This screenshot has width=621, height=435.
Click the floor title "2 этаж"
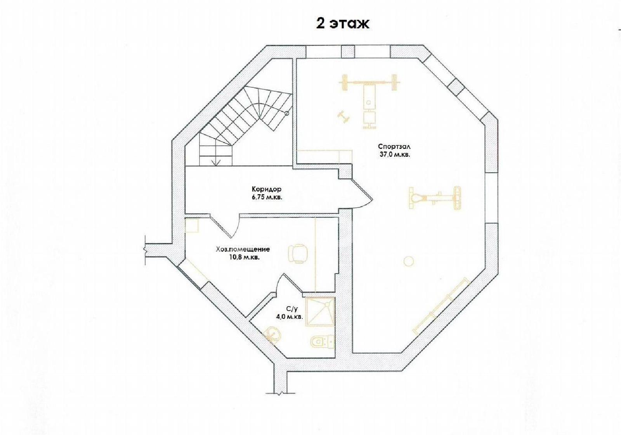tap(343, 24)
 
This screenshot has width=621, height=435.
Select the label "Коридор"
tap(266, 190)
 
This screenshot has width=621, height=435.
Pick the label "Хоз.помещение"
tap(243, 249)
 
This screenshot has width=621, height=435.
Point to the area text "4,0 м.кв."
tap(289, 317)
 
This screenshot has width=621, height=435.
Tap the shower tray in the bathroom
tap(320, 311)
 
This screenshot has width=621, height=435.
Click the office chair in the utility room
tap(298, 253)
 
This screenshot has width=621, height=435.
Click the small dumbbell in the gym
tap(343, 117)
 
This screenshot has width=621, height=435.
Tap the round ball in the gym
tap(409, 261)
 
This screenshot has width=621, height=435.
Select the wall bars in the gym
tap(441, 305)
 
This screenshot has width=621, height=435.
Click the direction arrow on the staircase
tap(216, 163)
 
